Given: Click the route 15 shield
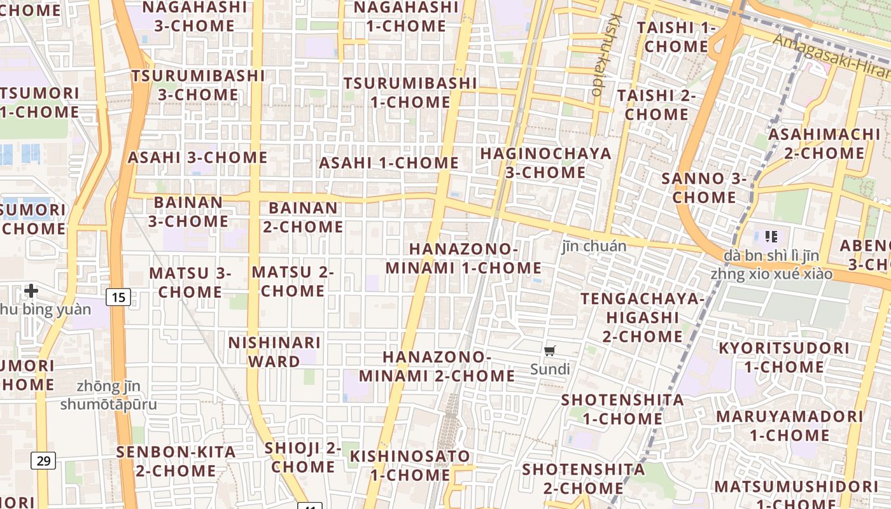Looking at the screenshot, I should [x=118, y=296].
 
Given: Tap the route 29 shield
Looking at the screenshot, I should [x=43, y=460].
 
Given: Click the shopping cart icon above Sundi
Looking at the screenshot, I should [x=550, y=351].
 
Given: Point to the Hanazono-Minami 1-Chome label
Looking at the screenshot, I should [x=463, y=258].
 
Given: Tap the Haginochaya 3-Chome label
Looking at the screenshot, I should [x=545, y=163].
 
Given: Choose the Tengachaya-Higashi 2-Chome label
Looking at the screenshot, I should [x=643, y=317].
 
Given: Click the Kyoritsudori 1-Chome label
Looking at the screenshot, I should [x=783, y=358].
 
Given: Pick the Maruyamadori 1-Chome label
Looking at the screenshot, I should [x=789, y=426].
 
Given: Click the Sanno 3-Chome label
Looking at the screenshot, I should [x=704, y=188].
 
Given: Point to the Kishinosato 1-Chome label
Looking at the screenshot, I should [x=410, y=465].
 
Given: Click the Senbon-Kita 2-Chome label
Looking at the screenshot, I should [x=176, y=461].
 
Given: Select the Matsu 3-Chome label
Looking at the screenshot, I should [x=190, y=282].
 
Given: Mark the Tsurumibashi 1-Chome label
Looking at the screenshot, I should [x=410, y=92].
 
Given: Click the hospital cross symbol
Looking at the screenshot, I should [x=31, y=291].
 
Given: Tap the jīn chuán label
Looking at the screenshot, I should [x=594, y=246].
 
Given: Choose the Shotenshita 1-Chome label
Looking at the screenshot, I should [x=622, y=409].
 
